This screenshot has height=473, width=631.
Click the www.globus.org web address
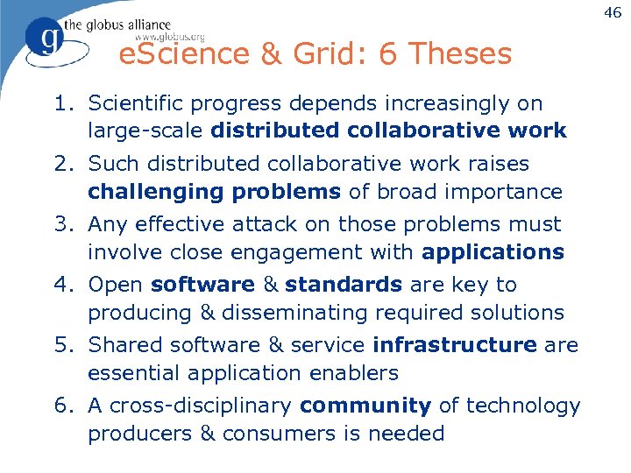click(169, 37)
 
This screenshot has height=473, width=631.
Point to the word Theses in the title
click(458, 54)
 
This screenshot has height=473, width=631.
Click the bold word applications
click(493, 252)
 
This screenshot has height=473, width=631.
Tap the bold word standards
click(344, 285)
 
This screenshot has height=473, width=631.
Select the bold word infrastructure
click(454, 345)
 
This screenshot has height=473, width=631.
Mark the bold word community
click(365, 406)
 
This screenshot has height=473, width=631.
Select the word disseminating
click(300, 313)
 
